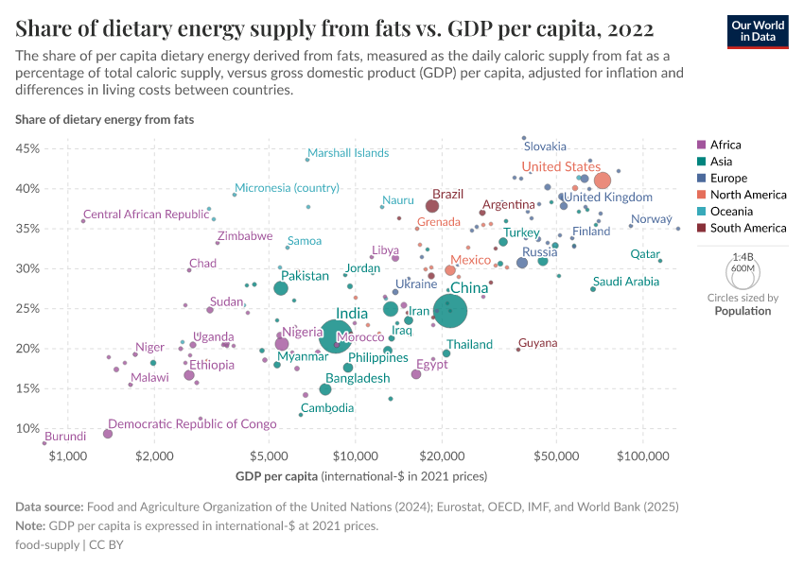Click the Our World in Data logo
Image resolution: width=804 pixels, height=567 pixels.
(x=759, y=30)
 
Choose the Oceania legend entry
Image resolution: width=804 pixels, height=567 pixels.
(x=729, y=212)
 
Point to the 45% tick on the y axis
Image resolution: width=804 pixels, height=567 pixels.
(x=26, y=148)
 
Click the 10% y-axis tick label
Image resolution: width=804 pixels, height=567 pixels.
(x=26, y=428)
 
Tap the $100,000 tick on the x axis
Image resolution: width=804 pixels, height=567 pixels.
(x=643, y=456)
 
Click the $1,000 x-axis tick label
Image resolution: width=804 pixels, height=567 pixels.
(x=67, y=456)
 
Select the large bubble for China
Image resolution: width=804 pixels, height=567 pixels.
(x=450, y=308)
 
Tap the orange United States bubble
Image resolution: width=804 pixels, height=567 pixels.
(x=602, y=180)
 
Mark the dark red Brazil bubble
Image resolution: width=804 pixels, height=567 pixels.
(x=432, y=206)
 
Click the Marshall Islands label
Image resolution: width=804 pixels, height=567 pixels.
(x=348, y=153)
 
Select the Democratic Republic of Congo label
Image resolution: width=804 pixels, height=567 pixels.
(x=192, y=424)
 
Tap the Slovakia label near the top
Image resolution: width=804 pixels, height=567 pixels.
(x=545, y=146)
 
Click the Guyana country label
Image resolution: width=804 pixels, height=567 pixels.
(x=537, y=343)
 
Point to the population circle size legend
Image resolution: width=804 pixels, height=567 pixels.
(x=742, y=274)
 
